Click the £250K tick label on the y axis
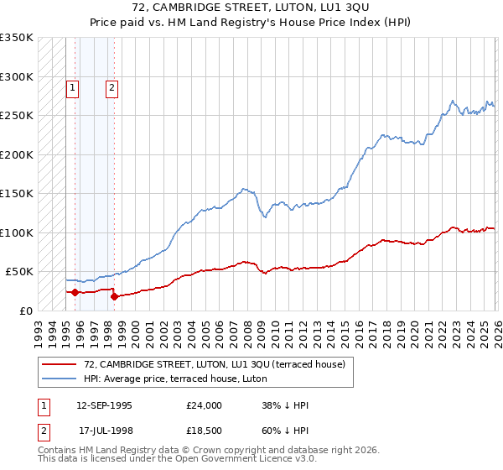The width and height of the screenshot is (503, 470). pyautogui.click(x=17, y=116)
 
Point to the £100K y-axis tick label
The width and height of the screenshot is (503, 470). pyautogui.click(x=17, y=232)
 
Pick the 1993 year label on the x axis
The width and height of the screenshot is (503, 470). pyautogui.click(x=39, y=326)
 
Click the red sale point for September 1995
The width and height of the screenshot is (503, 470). pyautogui.click(x=75, y=292)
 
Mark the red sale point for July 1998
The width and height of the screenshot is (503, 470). pyautogui.click(x=115, y=296)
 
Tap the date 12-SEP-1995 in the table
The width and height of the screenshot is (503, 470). pyautogui.click(x=104, y=405)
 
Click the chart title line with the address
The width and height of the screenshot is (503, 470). pyautogui.click(x=251, y=8)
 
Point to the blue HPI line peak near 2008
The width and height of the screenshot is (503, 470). pyautogui.click(x=244, y=189)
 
